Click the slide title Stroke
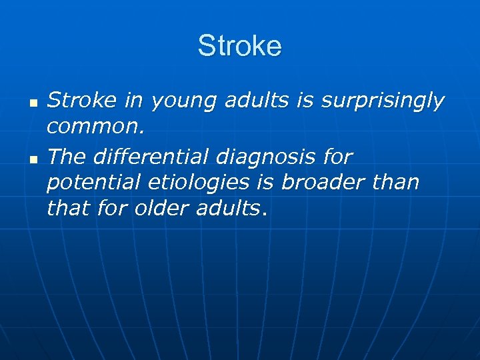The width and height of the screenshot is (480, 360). click(239, 47)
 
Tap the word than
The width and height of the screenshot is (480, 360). click(398, 183)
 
